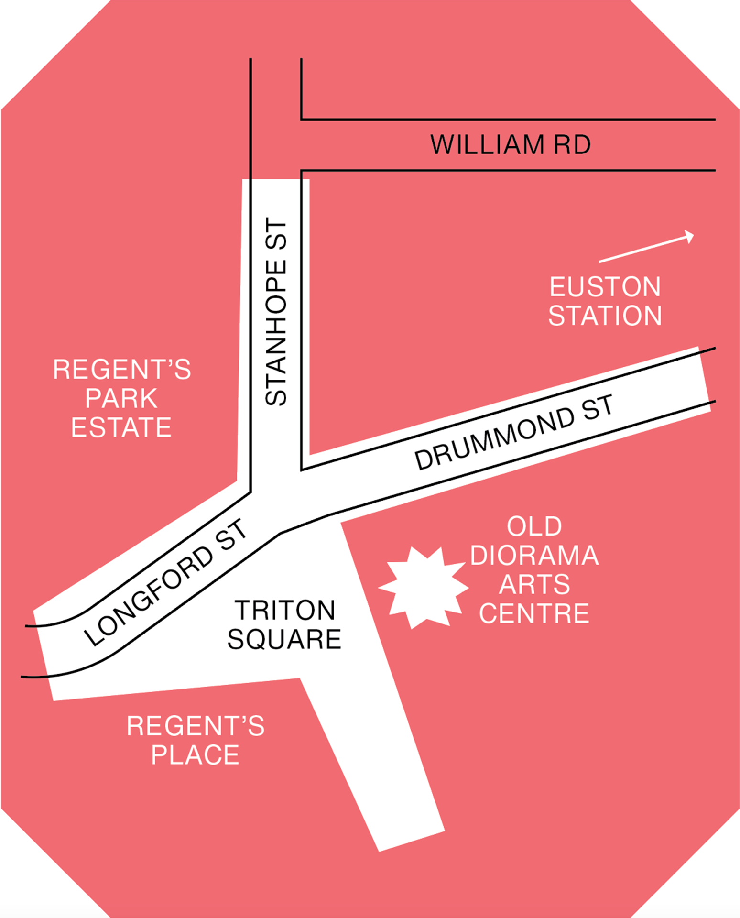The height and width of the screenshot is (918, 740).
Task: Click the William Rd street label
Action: tap(510, 145)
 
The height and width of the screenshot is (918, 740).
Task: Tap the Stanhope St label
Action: tap(276, 312)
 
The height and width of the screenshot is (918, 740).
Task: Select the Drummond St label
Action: tap(513, 432)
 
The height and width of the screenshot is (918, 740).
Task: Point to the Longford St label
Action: tap(165, 583)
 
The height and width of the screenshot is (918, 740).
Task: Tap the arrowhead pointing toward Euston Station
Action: tap(689, 236)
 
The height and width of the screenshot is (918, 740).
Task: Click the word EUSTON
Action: tap(605, 287)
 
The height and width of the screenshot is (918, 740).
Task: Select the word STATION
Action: tap(605, 316)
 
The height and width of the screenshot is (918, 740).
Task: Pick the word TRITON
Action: tap(285, 610)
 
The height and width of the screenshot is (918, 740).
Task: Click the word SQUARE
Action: tap(284, 639)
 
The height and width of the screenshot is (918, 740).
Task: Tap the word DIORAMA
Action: tap(534, 556)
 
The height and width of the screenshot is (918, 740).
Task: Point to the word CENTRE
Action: tap(534, 613)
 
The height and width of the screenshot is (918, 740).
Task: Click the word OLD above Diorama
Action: tap(534, 526)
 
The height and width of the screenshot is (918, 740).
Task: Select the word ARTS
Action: tap(534, 584)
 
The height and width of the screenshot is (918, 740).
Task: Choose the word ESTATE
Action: tap(121, 427)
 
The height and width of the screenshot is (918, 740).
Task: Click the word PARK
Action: tap(121, 399)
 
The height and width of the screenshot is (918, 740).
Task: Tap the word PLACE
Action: tap(195, 755)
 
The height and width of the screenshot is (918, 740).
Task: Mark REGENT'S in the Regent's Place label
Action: tap(195, 726)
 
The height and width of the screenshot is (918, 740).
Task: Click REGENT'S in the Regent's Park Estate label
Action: tap(121, 370)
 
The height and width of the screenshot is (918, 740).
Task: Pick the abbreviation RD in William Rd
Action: tap(572, 145)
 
